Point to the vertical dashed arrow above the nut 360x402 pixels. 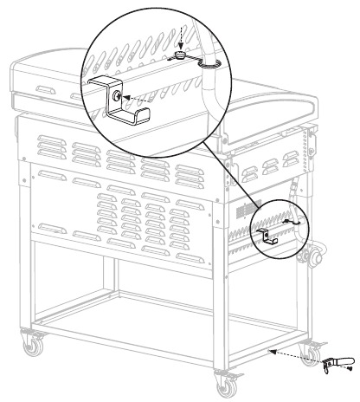pyautogui.click(x=177, y=39)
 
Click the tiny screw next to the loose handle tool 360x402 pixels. pyautogui.click(x=350, y=368)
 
